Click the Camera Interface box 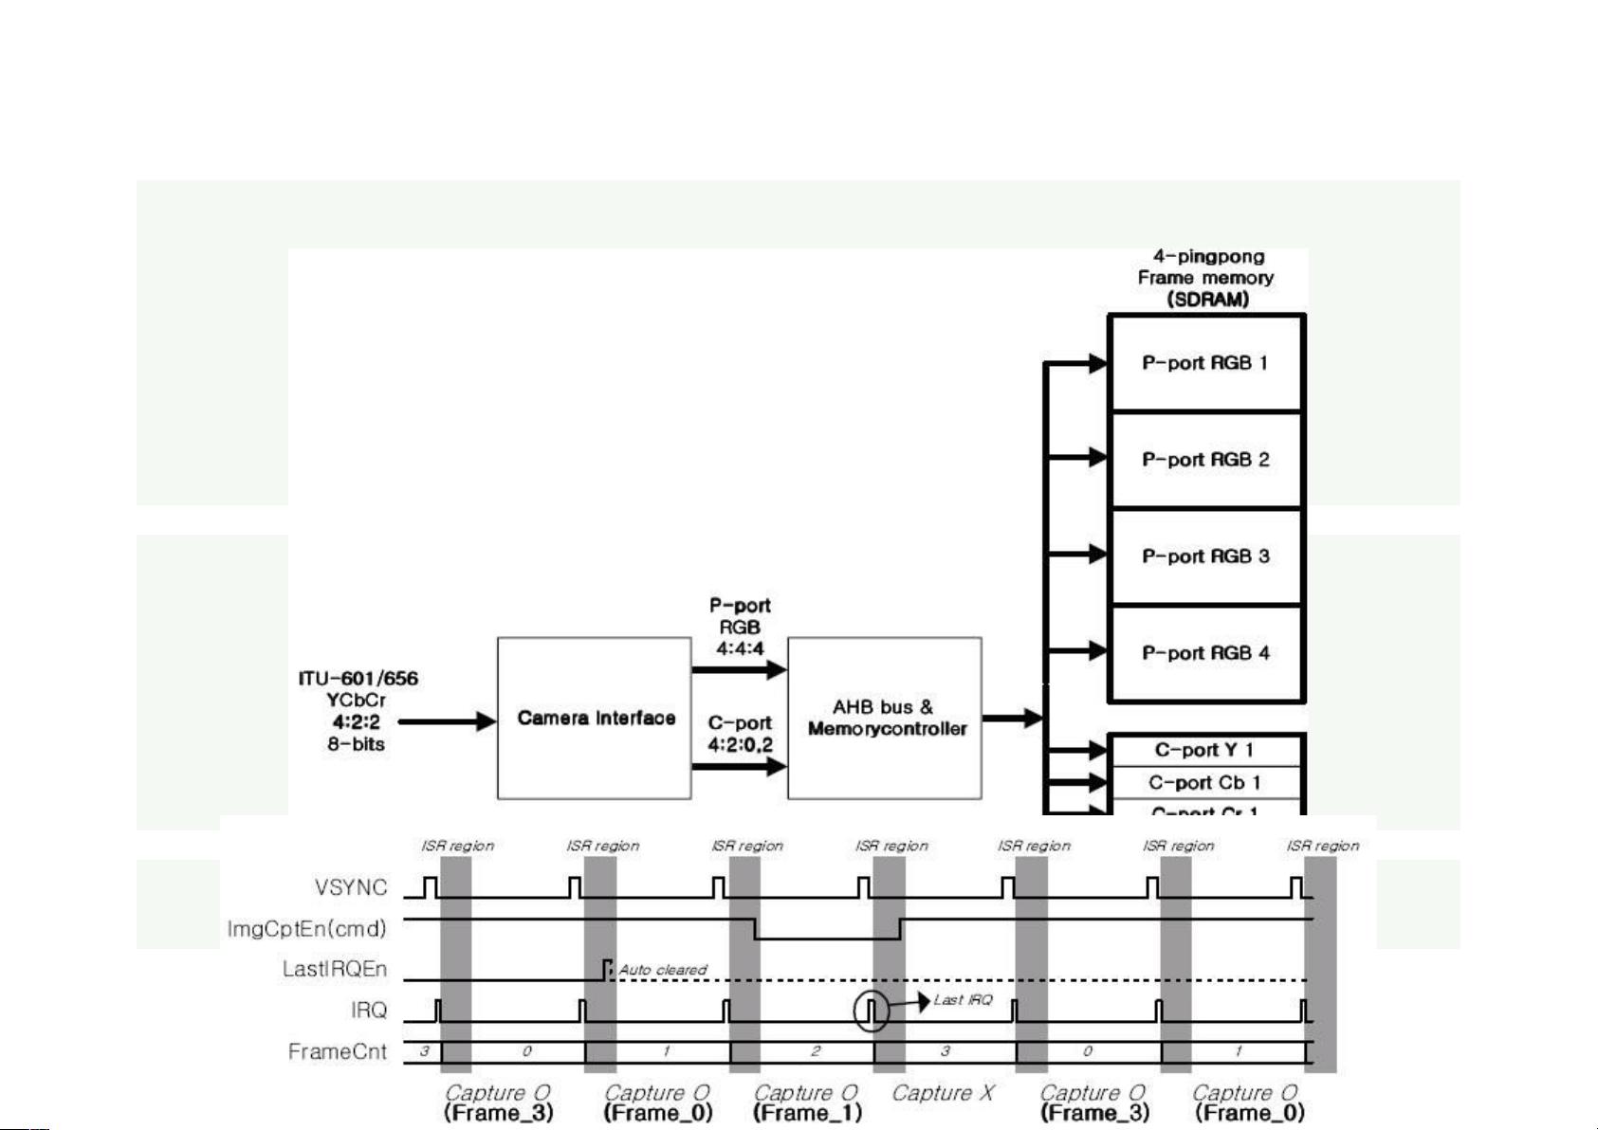[595, 718]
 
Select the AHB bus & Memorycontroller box [884, 718]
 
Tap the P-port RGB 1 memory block [1205, 363]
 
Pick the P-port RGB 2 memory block [1205, 460]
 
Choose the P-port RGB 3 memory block [1205, 556]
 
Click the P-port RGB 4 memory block [1205, 653]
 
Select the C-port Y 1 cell [1204, 750]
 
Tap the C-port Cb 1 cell [1204, 782]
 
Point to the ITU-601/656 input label [358, 679]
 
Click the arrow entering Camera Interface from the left [447, 721]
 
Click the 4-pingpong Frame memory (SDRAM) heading [1206, 278]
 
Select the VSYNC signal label [351, 887]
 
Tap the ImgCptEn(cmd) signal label [307, 928]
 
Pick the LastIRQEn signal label [335, 969]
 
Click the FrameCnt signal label [338, 1051]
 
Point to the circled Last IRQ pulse [871, 1011]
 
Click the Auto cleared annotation [663, 970]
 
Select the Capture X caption [943, 1093]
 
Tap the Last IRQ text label [963, 999]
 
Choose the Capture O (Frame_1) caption [806, 1103]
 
